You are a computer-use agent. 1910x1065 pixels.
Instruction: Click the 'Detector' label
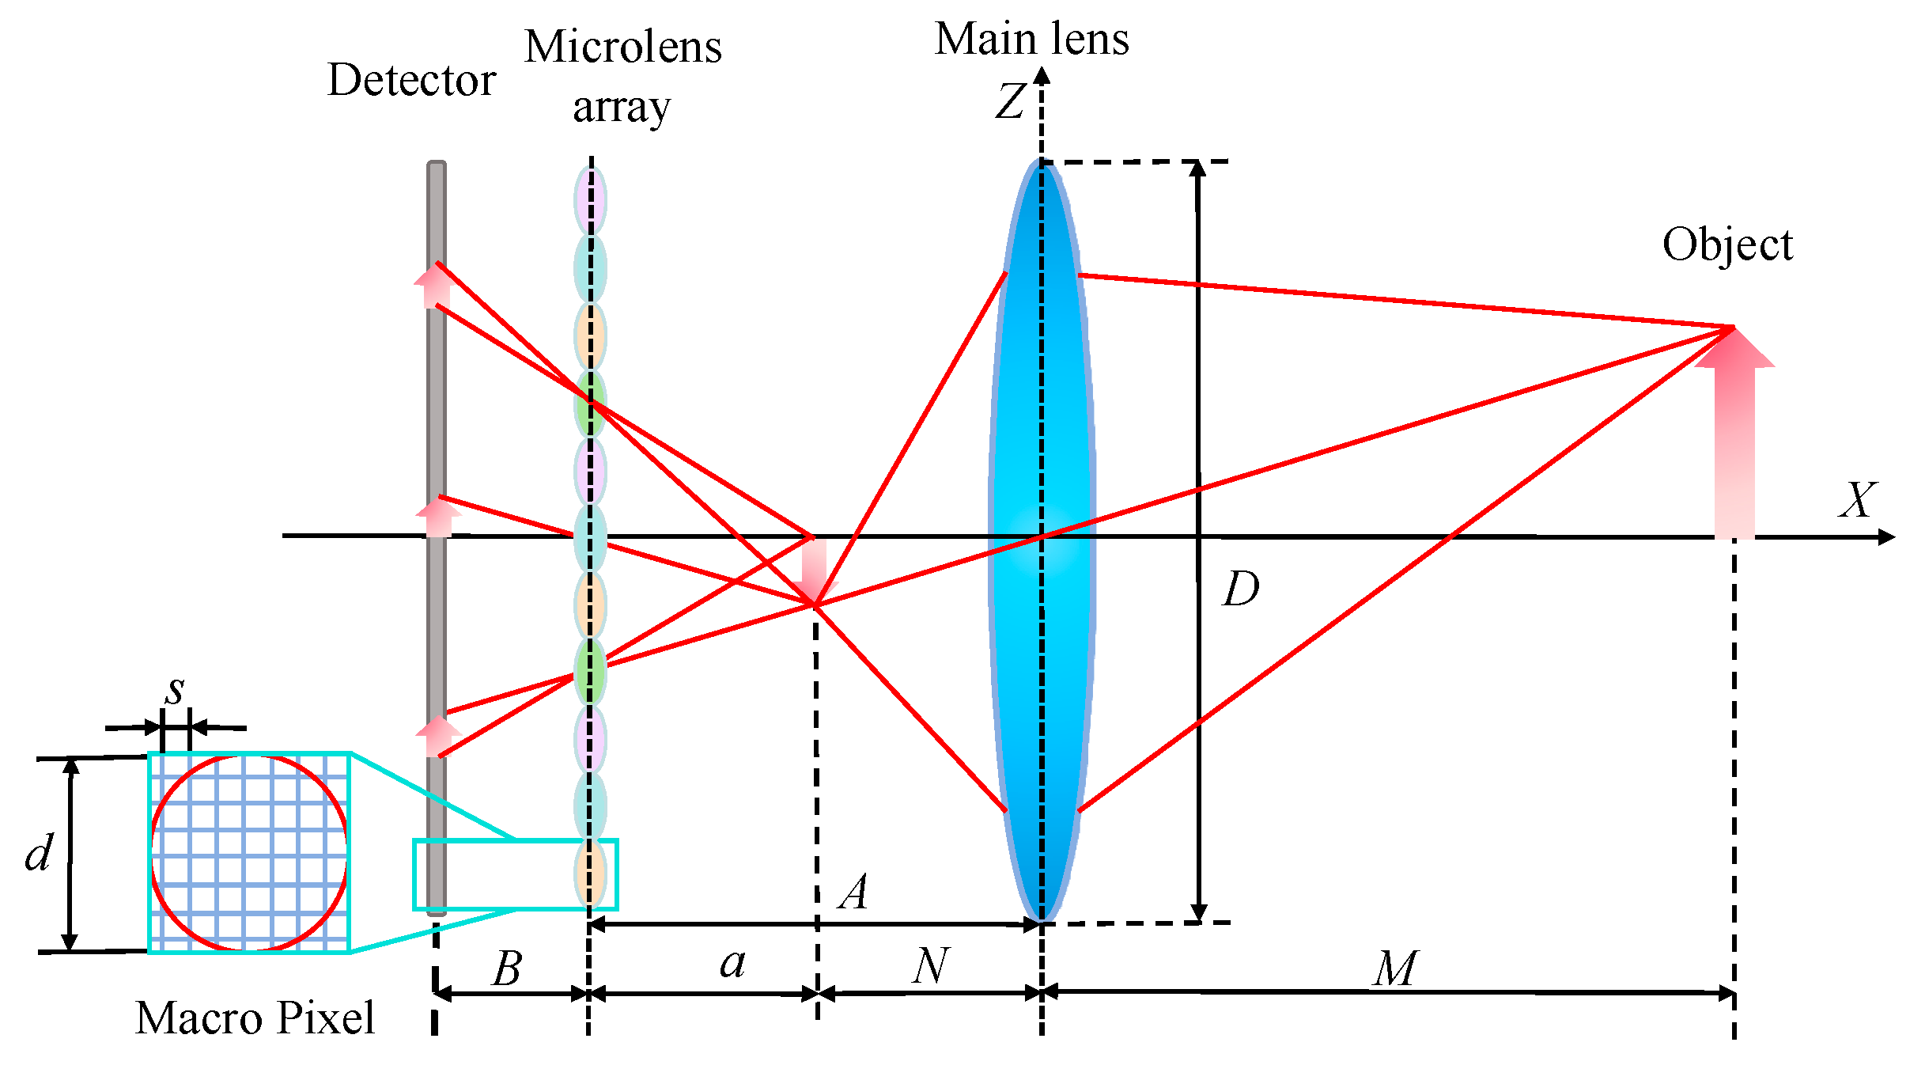pyautogui.click(x=411, y=80)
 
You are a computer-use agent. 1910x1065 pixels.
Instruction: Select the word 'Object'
pyautogui.click(x=1727, y=244)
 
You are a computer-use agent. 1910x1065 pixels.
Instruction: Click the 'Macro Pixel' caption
pyautogui.click(x=255, y=1018)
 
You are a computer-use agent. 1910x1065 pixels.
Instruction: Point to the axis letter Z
pyautogui.click(x=1011, y=101)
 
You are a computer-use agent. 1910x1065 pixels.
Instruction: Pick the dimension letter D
pyautogui.click(x=1240, y=589)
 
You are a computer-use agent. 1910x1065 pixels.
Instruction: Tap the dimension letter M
pyautogui.click(x=1395, y=968)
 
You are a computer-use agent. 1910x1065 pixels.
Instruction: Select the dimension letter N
pyautogui.click(x=930, y=966)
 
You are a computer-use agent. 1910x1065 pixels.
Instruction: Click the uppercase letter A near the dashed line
pyautogui.click(x=854, y=893)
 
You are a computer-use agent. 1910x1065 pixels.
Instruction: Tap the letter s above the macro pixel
pyautogui.click(x=175, y=691)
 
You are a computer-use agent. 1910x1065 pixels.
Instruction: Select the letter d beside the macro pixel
pyautogui.click(x=39, y=853)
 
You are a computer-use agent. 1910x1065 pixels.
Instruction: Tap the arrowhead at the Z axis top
pyautogui.click(x=1042, y=76)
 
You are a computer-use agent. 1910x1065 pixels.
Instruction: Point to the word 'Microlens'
pyautogui.click(x=623, y=47)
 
